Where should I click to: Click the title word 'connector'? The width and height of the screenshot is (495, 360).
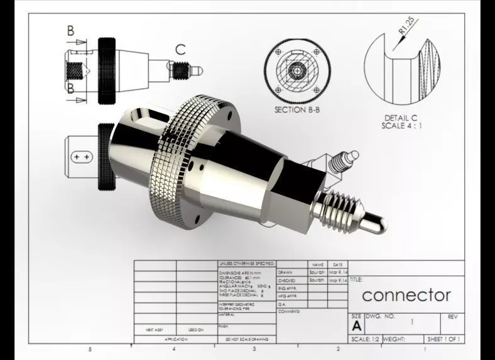point(406,295)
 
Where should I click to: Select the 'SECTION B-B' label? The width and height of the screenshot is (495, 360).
point(299,109)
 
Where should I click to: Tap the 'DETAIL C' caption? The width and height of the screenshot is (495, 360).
point(401,117)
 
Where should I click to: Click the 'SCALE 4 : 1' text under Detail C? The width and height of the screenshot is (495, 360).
point(401,126)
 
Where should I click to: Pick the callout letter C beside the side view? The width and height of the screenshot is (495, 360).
point(180,50)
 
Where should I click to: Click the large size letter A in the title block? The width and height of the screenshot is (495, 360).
point(356,326)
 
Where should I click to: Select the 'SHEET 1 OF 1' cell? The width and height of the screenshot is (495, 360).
point(443,339)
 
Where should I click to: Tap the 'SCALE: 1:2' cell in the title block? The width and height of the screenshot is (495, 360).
point(364,339)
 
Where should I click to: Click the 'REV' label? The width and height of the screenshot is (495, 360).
point(453,317)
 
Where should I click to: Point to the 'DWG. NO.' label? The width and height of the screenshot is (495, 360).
point(380,317)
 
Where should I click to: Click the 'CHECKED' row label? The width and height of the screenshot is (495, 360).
point(286,280)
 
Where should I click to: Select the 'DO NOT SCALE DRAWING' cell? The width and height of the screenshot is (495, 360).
point(246,339)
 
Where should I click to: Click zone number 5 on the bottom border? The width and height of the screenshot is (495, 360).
point(90,349)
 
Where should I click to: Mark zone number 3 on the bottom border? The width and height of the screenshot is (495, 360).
point(254,349)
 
